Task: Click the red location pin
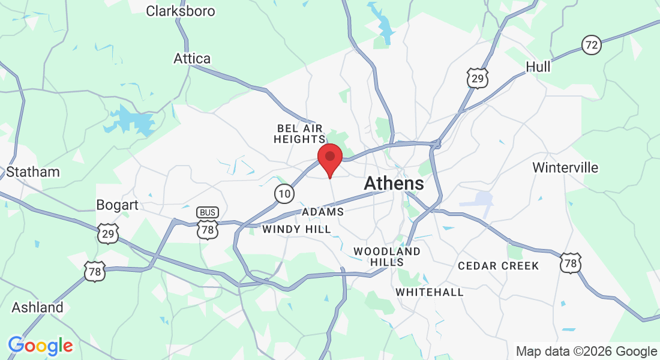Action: tap(329, 158)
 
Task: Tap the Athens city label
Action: tap(394, 184)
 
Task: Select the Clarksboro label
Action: tap(180, 11)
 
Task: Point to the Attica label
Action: tap(192, 58)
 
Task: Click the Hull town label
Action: tap(538, 67)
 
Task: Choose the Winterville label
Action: tap(565, 167)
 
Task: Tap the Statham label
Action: tap(33, 172)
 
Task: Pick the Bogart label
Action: tap(118, 205)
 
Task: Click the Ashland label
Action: tap(37, 308)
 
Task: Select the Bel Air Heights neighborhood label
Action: tap(299, 134)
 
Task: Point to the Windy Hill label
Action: tap(296, 229)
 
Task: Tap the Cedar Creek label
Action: tap(498, 265)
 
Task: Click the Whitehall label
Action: tap(430, 292)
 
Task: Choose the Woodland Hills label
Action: tap(387, 257)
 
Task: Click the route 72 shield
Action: tap(592, 44)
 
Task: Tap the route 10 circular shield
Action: tap(284, 193)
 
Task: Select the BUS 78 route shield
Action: tap(208, 223)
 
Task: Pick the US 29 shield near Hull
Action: tap(478, 78)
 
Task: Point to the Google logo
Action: tap(40, 346)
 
